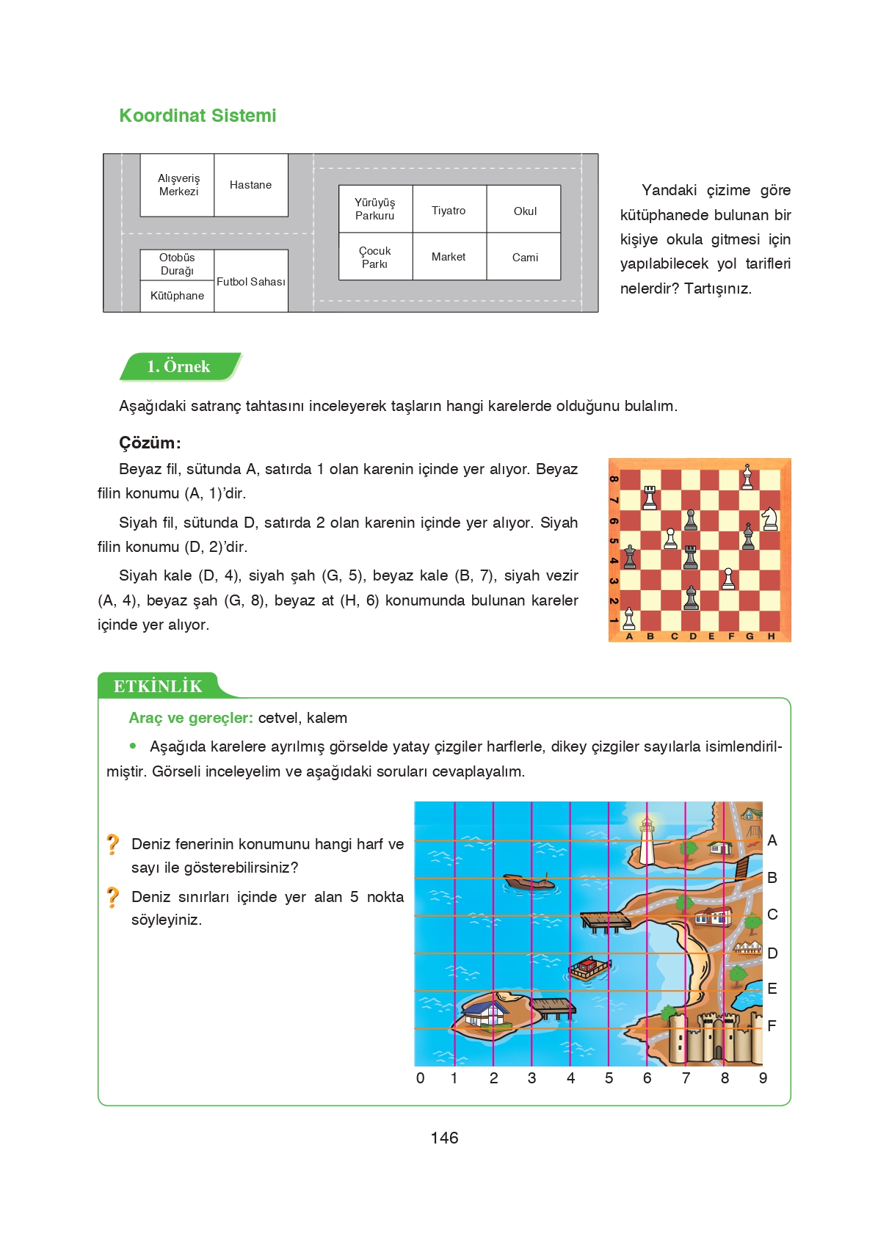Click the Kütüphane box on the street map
pos(177,296)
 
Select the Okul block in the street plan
pos(524,211)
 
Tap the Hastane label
pos(250,185)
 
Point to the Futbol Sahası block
pos(251,282)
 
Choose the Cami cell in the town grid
pos(524,257)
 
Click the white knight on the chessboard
pos(769,519)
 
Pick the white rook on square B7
pos(650,498)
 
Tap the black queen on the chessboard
pos(629,558)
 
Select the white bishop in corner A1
pos(629,619)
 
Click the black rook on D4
pos(690,558)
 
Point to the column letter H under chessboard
pos(771,636)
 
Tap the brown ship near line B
pos(529,881)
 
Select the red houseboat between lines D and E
pos(589,969)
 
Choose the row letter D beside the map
pos(772,953)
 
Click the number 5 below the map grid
pos(609,1078)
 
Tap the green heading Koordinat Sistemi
pos(197,116)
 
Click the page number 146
pos(444,1138)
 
